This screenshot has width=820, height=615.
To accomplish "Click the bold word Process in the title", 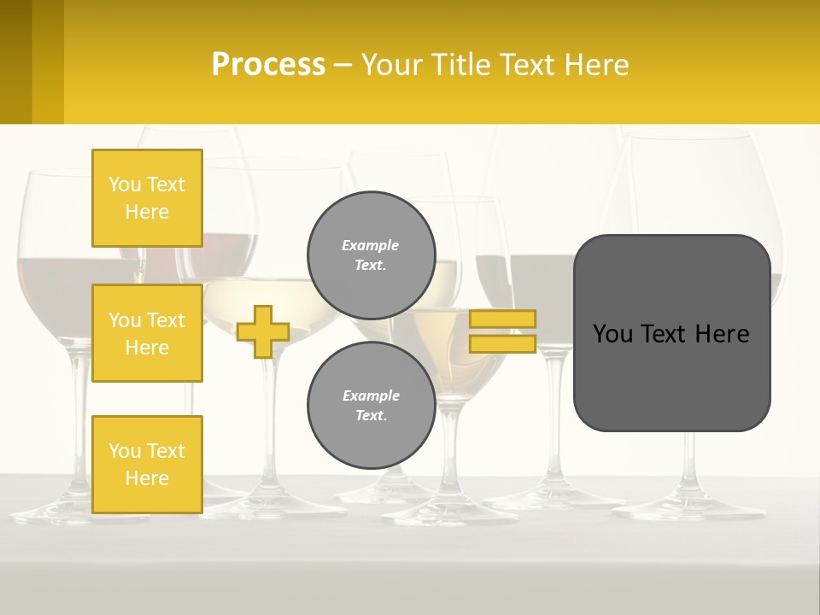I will tap(268, 64).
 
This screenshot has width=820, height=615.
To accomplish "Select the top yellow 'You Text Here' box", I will tap(147, 198).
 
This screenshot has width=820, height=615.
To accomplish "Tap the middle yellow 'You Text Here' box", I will tap(147, 333).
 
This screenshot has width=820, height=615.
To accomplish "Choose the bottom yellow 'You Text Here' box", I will tap(147, 464).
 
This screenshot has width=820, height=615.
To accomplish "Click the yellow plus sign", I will tap(263, 331).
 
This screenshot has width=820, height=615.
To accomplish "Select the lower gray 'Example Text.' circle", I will tap(372, 406).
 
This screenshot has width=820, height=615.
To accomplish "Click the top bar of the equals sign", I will tap(503, 319).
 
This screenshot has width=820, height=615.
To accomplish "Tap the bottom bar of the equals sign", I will tap(503, 343).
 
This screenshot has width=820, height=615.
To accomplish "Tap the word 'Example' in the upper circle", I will tap(370, 245).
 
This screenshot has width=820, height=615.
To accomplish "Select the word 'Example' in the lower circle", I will tap(371, 395).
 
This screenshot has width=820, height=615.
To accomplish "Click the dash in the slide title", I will tap(343, 65).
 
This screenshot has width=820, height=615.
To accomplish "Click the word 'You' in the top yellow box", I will tap(124, 184).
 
